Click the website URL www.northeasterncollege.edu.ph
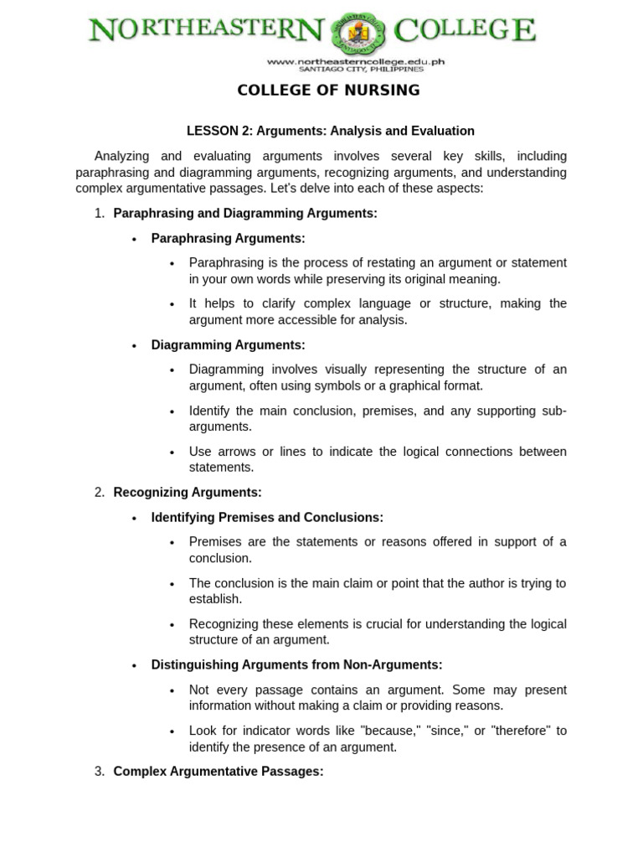(x=356, y=61)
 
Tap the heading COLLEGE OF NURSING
(x=328, y=90)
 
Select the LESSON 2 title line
(x=330, y=131)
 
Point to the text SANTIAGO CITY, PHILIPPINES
(x=356, y=70)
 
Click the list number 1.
(x=100, y=214)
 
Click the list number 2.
(x=100, y=493)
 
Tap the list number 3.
(x=100, y=772)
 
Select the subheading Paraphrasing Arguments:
(x=228, y=239)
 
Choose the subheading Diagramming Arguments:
(x=228, y=345)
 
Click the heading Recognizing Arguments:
(x=188, y=493)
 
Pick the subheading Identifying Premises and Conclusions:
(x=267, y=518)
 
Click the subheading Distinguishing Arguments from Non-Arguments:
(x=296, y=665)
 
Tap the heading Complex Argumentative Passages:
(x=218, y=772)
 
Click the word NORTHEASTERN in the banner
(x=207, y=31)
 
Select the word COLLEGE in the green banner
(x=465, y=31)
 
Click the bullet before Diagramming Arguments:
(x=134, y=346)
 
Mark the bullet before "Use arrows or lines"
(x=172, y=452)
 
